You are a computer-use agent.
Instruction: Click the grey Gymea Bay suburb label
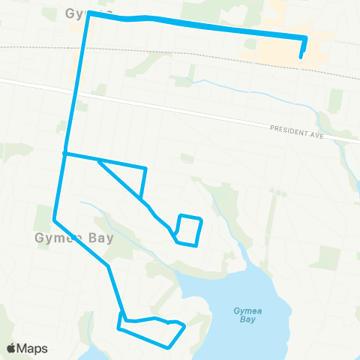[73, 238]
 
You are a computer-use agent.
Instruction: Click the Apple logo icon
[11, 348]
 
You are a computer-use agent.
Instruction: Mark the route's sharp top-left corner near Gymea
[89, 13]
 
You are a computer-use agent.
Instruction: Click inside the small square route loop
[189, 229]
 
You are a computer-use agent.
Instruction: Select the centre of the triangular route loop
[129, 174]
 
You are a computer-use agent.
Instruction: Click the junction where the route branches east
[65, 154]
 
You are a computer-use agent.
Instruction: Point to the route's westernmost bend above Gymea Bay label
[55, 220]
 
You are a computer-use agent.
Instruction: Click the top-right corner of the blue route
[306, 37]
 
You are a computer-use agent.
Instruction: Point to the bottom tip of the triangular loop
[142, 198]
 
